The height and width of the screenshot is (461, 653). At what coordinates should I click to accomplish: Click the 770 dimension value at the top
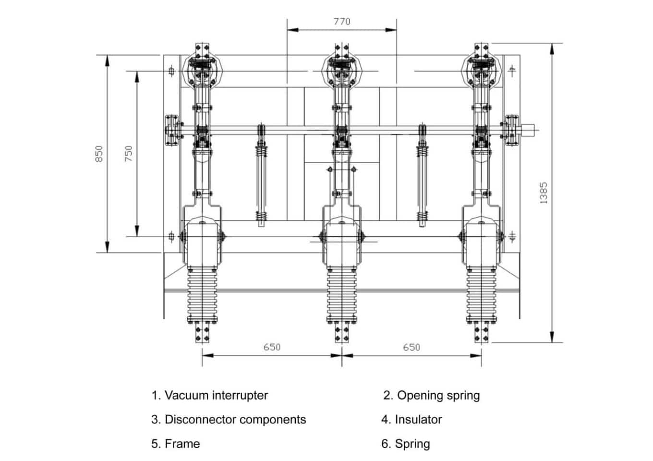342,22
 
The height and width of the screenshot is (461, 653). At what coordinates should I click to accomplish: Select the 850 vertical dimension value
99,154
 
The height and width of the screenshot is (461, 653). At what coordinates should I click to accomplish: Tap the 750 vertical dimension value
128,153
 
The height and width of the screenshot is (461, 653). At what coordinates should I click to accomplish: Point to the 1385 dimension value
544,193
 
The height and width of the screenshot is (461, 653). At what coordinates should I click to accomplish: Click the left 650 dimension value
272,347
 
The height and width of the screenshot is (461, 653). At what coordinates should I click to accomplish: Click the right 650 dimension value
411,347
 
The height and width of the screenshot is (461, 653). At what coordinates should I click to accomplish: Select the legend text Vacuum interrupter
210,396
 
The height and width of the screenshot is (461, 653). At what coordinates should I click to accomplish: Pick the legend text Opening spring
431,396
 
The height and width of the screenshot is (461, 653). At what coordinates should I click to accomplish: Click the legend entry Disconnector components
229,420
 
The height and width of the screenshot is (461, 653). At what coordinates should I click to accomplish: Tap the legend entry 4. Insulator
411,420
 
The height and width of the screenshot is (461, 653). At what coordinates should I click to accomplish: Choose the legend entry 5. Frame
176,444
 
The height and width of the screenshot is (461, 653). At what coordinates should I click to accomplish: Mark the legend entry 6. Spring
406,444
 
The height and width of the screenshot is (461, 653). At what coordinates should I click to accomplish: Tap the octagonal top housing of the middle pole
342,67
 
